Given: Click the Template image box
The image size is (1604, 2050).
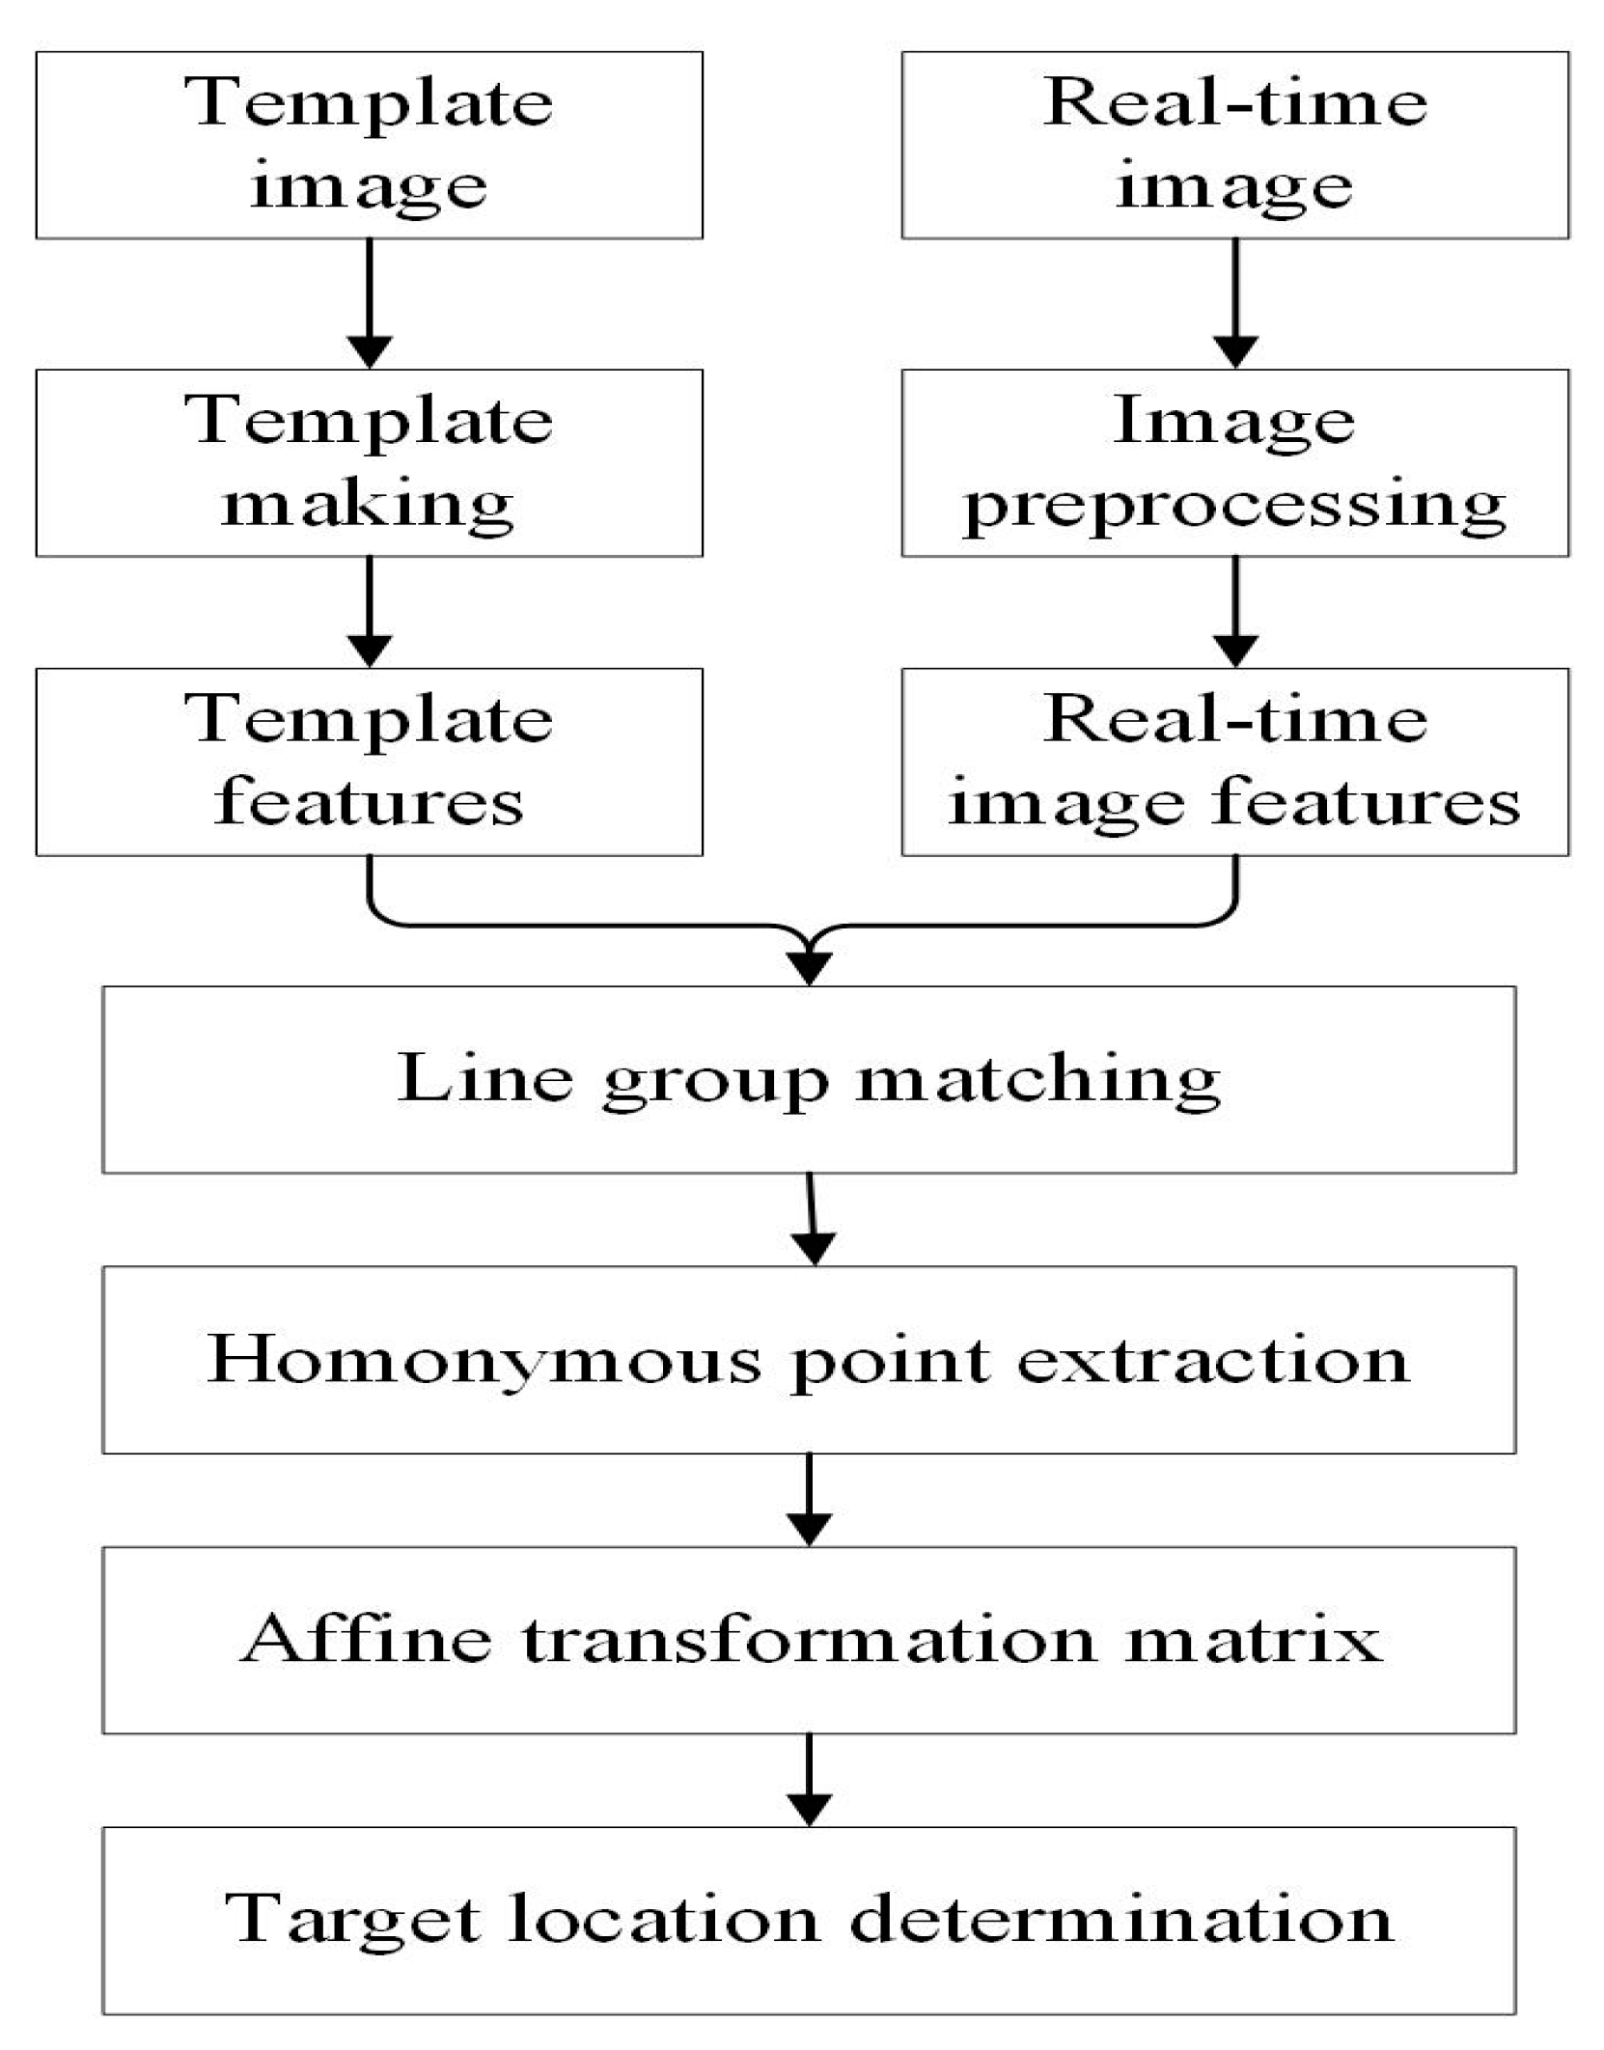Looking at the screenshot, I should click(x=369, y=145).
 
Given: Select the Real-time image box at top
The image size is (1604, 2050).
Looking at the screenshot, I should click(x=1234, y=145).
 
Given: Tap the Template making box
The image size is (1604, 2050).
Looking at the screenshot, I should click(x=369, y=462).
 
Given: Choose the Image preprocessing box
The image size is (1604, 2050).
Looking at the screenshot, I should click(x=1234, y=462).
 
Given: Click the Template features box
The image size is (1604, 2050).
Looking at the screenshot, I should click(x=369, y=762).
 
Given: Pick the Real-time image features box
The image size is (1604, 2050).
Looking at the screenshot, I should click(x=1234, y=762).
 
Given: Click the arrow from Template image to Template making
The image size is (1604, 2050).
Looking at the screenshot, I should click(x=369, y=303).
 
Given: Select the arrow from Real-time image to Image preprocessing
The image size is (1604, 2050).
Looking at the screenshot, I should click(x=1234, y=303).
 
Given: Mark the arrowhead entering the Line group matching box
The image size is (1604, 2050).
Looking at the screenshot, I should click(x=809, y=966).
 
